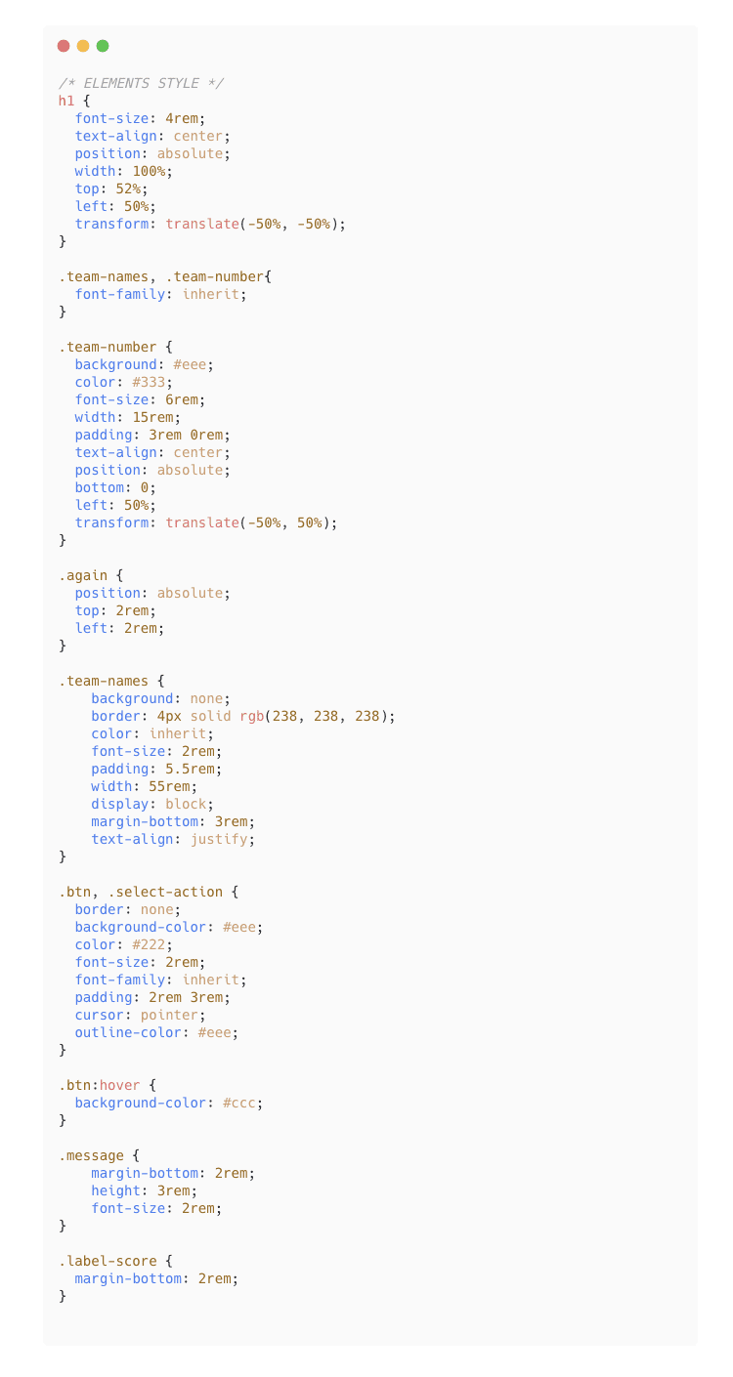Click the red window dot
(64, 46)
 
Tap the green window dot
(103, 46)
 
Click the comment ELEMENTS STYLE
(141, 83)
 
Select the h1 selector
(66, 101)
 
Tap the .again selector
(83, 575)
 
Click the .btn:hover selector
(100, 1085)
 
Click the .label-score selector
(108, 1261)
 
